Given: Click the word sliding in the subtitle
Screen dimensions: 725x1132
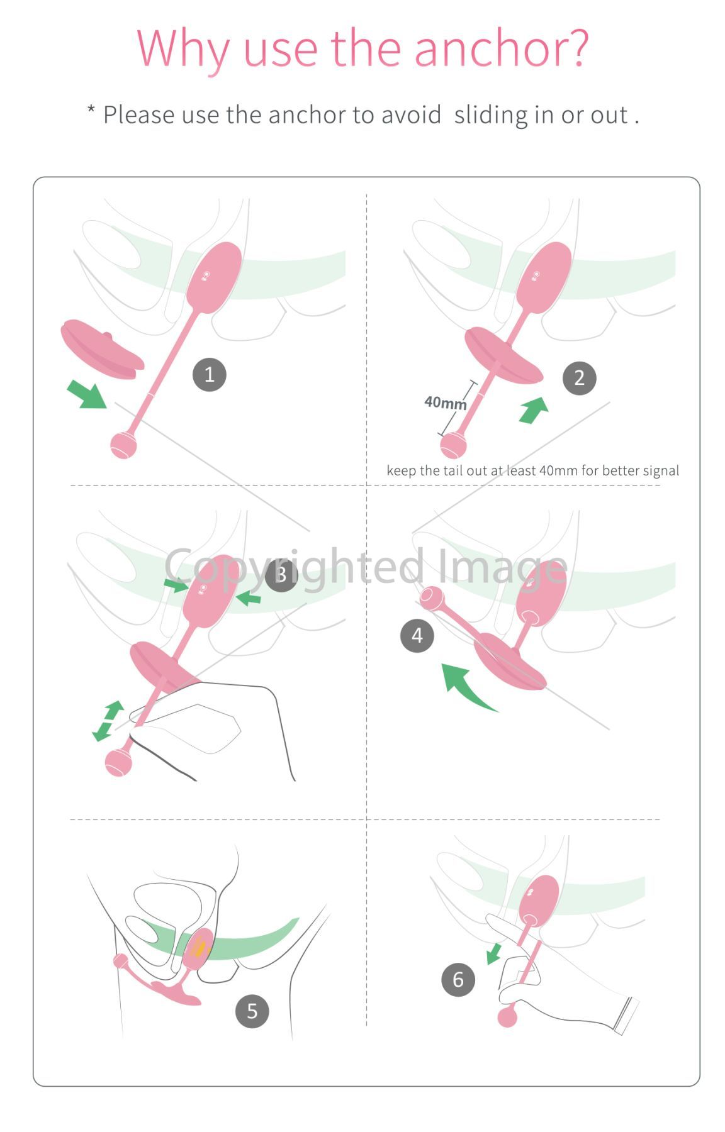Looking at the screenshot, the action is [491, 115].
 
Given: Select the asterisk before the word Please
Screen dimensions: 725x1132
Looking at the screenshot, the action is [91, 111].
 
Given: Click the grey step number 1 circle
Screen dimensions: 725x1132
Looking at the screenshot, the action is [210, 375].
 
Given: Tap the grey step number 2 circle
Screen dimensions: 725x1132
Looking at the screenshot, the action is [579, 378].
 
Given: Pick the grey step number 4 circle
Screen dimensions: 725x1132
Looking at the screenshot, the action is [417, 636].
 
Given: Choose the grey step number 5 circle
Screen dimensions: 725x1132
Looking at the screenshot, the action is [252, 1011].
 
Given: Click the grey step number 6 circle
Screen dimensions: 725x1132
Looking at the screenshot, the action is [458, 979].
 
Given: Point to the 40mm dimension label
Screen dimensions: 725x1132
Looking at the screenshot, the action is [446, 402].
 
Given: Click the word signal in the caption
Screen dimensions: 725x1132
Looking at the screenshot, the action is [658, 471].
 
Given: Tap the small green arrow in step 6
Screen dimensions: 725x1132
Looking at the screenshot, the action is [494, 953].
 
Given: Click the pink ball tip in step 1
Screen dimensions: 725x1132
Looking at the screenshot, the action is [123, 445].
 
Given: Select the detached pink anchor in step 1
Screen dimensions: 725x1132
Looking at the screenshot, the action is [102, 350].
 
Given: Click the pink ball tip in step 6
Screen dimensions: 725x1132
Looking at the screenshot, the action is [507, 1016].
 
